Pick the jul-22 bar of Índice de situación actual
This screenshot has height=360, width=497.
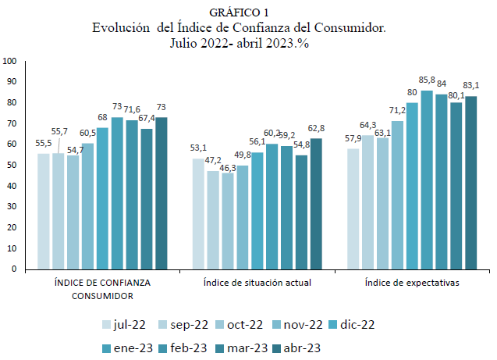pos(198,213)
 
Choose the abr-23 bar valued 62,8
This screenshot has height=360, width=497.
pos(315,203)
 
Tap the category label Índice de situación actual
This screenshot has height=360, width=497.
pos(257,283)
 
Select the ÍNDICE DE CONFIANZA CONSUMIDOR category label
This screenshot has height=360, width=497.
pos(102,289)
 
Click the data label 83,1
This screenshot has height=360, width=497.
pos(471,86)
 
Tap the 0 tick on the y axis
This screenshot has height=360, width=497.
pos(14,269)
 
